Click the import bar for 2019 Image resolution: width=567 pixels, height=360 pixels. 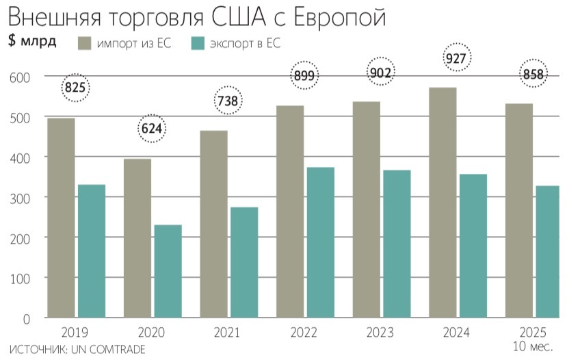tap(62, 218)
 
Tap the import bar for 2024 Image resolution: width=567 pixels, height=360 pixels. tap(443, 203)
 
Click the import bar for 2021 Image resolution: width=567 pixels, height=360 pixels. tap(214, 224)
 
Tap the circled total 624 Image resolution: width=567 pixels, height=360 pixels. tap(152, 128)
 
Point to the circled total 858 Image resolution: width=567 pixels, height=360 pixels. tap(533, 75)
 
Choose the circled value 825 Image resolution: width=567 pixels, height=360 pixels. tap(76, 87)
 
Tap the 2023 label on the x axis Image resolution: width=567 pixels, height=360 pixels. tap(380, 333)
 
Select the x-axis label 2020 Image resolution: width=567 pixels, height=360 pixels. tap(151, 333)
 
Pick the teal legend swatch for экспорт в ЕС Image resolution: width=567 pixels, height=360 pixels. tap(198, 43)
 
